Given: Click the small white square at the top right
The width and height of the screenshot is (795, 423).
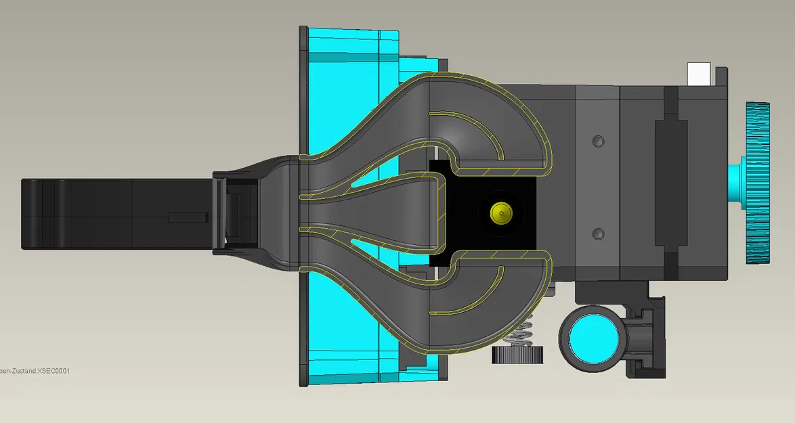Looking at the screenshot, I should (x=698, y=72).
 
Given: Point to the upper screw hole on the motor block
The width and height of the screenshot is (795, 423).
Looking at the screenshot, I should (x=597, y=141).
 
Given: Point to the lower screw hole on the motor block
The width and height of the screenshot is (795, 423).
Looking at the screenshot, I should (x=597, y=234).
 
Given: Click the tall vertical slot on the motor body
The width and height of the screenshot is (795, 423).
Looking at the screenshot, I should (x=670, y=183).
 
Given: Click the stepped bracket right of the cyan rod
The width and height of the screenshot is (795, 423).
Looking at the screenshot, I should (x=643, y=338).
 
